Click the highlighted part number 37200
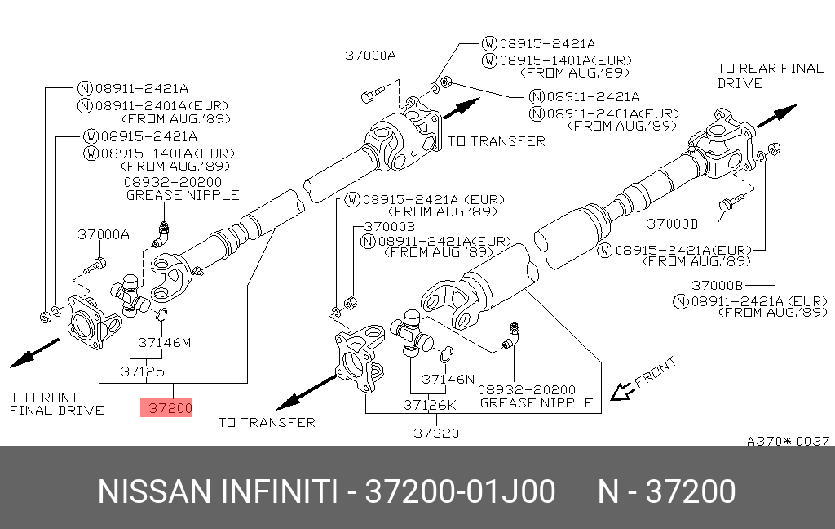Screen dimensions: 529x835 click(x=166, y=407)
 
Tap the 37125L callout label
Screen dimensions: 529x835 click(x=148, y=371)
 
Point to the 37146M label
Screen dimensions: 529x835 click(x=164, y=342)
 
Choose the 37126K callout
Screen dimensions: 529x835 click(x=431, y=404)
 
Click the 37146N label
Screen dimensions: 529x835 click(x=448, y=379)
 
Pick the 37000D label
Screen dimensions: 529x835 click(x=673, y=223)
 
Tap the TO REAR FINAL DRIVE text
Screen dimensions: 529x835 click(x=770, y=75)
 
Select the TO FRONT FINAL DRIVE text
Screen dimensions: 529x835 click(x=56, y=402)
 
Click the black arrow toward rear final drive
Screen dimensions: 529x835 click(x=778, y=115)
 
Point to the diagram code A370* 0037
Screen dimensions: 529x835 click(x=789, y=441)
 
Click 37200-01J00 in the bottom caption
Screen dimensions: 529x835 click(x=460, y=492)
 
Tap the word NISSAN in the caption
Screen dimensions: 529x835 click(x=155, y=492)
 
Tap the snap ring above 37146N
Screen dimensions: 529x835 click(x=446, y=354)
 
